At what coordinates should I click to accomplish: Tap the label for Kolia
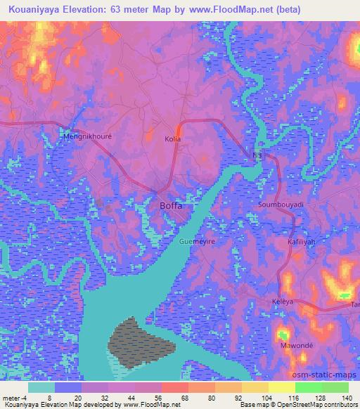click(x=172, y=139)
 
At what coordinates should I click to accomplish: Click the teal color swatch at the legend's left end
click(x=41, y=387)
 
